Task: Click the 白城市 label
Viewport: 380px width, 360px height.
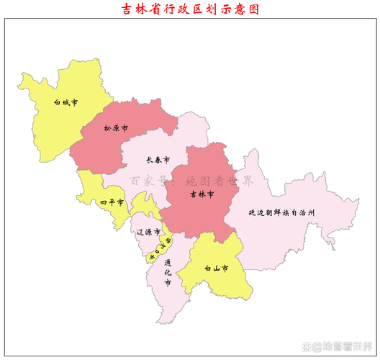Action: (x=66, y=103)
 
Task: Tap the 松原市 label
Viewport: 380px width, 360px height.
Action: (x=115, y=128)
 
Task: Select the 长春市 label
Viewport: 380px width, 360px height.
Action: (x=158, y=159)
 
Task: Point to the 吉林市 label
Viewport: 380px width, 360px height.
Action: (x=202, y=194)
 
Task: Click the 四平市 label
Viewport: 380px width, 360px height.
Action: (x=112, y=202)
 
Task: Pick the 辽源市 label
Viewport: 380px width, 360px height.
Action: (x=148, y=231)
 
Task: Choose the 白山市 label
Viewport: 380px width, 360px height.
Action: (x=216, y=269)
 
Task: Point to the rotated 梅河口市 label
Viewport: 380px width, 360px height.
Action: (x=160, y=248)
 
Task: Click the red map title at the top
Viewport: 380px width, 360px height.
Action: (x=190, y=9)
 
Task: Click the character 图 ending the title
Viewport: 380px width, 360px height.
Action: (x=253, y=9)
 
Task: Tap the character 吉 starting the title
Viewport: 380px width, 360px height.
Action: (x=128, y=9)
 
